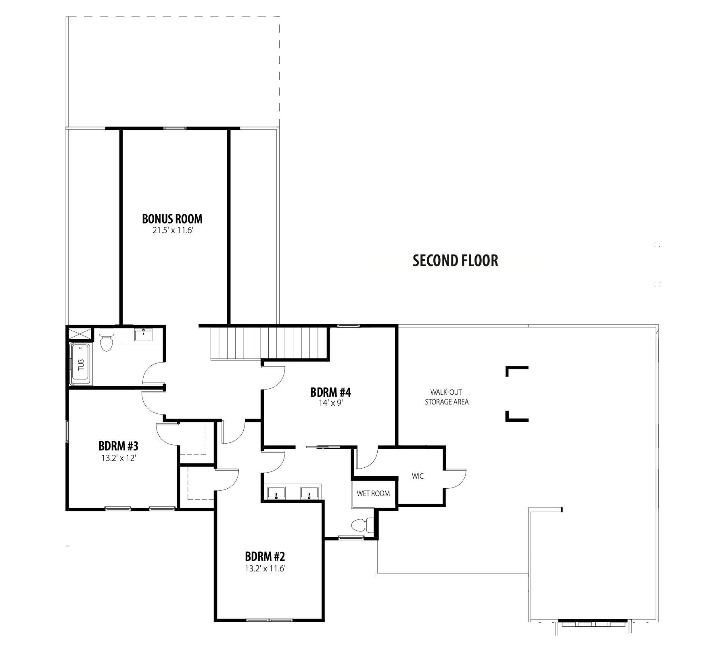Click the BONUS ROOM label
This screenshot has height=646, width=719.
point(172,219)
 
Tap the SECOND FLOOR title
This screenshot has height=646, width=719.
point(455,261)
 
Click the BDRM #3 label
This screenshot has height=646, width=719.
point(118,446)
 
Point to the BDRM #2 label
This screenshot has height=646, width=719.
point(265,557)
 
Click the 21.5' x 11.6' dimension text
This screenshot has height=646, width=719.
point(172,231)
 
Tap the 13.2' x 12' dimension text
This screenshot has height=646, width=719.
point(119,458)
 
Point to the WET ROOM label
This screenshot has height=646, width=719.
point(373,494)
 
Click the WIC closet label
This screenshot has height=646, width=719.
point(418,476)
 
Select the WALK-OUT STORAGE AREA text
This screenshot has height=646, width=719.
point(446,397)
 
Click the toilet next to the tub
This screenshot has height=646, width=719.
point(107,340)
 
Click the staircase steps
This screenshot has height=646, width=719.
point(269,343)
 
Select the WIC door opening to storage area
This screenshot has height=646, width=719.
point(456,479)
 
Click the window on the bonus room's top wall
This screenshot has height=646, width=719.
point(175,129)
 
